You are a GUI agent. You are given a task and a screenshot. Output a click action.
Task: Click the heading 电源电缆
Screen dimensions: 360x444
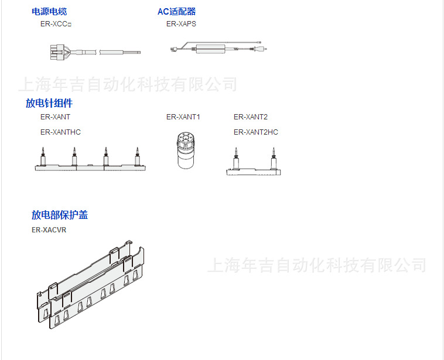pos(49,11)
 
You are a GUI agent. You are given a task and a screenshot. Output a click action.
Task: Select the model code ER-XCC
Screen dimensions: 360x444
pos(56,24)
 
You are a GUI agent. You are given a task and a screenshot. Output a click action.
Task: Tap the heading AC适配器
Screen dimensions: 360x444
pos(176,11)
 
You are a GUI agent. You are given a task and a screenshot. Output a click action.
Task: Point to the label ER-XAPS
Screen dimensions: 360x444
pos(181,24)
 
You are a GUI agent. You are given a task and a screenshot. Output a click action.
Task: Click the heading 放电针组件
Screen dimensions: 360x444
pos(49,103)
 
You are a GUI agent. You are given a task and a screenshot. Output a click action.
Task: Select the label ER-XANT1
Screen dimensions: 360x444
pos(183,117)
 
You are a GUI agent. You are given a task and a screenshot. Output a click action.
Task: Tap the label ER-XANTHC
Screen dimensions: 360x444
pos(60,132)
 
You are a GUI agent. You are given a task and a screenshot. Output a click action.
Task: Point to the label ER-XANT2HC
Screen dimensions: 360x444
pos(255,132)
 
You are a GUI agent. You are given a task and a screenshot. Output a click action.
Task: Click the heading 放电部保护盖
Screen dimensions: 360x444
pos(60,215)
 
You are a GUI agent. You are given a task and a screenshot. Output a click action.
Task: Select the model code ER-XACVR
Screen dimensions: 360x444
pos(49,230)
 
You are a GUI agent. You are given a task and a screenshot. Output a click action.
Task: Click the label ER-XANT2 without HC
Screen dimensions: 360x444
pos(250,117)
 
